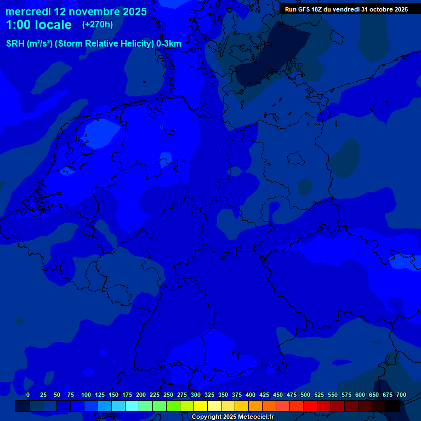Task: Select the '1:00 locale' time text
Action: coord(38,25)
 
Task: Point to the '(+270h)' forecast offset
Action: coord(98,24)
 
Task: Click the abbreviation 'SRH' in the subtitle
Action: coord(15,44)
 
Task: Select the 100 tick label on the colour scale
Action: coord(86,395)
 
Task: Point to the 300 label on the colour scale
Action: coord(196,395)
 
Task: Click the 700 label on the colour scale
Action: coord(401,395)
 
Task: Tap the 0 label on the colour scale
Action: coord(28,395)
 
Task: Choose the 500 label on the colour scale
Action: coord(305,395)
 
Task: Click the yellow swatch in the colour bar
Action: coord(201,406)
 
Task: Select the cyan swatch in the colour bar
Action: coord(132,406)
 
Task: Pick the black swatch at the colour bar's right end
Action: coord(392,406)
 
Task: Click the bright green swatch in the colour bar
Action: coord(173,406)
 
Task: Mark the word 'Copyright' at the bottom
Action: coord(207,417)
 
